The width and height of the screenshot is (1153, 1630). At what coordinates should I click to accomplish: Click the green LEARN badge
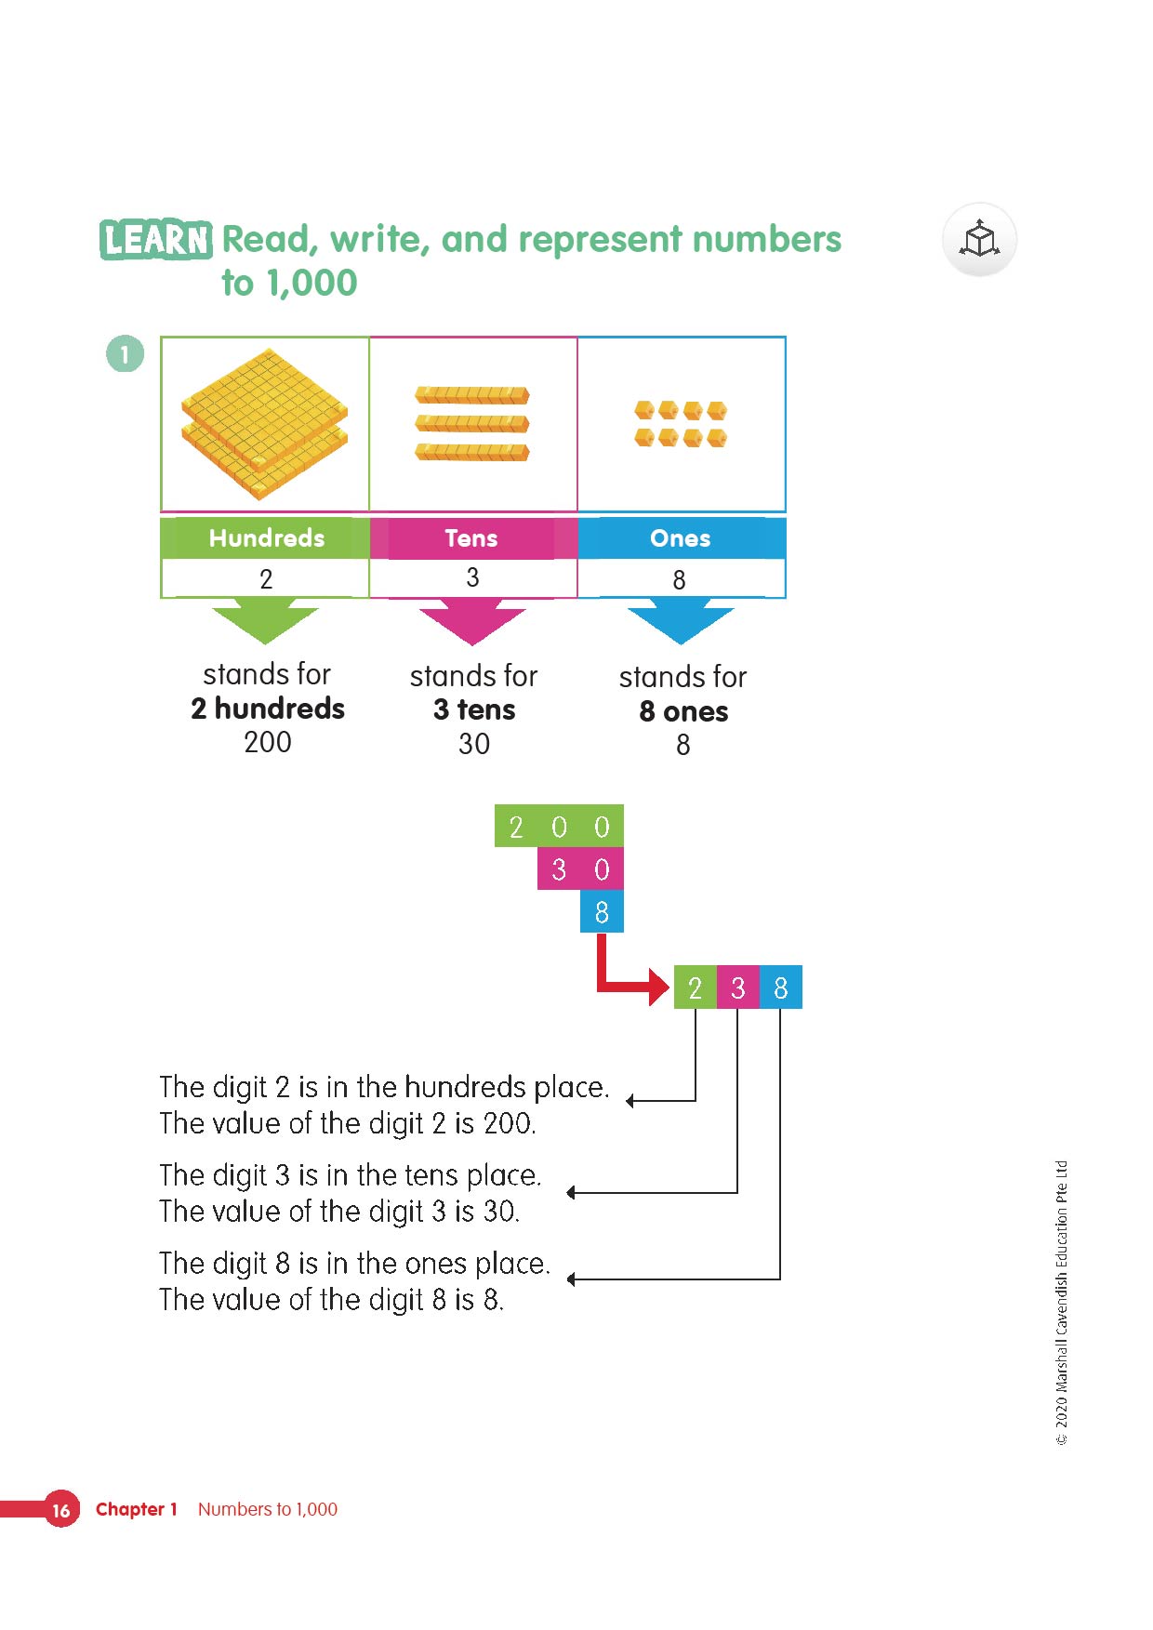(x=155, y=240)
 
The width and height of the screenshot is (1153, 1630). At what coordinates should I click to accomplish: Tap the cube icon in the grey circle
(x=979, y=240)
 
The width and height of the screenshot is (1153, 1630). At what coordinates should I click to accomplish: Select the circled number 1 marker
(x=125, y=354)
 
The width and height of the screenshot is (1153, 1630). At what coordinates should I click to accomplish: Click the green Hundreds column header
(x=266, y=538)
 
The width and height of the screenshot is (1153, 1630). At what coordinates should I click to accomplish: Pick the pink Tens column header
(x=471, y=538)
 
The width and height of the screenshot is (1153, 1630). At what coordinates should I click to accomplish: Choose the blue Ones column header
(x=681, y=538)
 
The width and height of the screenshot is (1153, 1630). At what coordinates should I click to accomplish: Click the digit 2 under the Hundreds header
(x=266, y=579)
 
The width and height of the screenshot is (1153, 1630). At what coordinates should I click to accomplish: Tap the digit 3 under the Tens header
(x=472, y=578)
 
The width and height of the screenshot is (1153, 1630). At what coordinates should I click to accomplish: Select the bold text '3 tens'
(x=474, y=710)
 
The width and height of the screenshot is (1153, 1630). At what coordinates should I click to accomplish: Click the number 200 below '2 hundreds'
(x=268, y=743)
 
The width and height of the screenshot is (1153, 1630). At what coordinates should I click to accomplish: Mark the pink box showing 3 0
(x=580, y=869)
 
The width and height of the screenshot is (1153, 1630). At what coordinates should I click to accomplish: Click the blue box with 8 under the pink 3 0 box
(x=602, y=912)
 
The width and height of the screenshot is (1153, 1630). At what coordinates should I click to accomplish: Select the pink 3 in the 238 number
(x=738, y=987)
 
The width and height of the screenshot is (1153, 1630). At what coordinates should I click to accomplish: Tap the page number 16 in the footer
(x=61, y=1510)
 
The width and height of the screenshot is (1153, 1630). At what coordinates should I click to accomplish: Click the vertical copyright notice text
(x=1062, y=1302)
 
